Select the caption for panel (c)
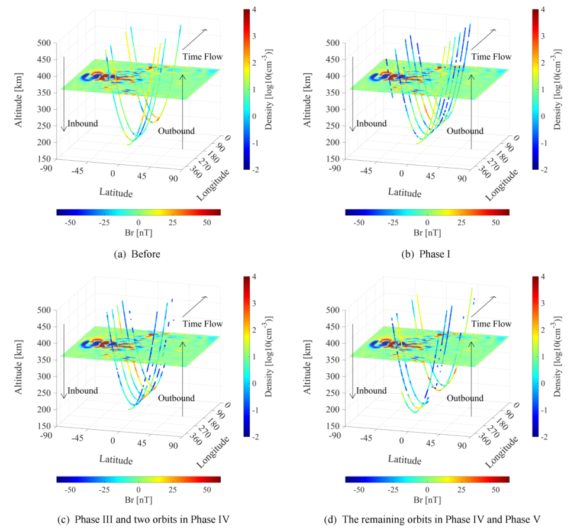153,520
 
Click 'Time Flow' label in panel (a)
202,57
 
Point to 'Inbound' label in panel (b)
371,124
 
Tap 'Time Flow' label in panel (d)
491,323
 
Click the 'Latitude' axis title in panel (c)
116,459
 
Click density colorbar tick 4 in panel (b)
543,10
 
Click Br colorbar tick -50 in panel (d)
358,490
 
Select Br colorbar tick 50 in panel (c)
207,490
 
